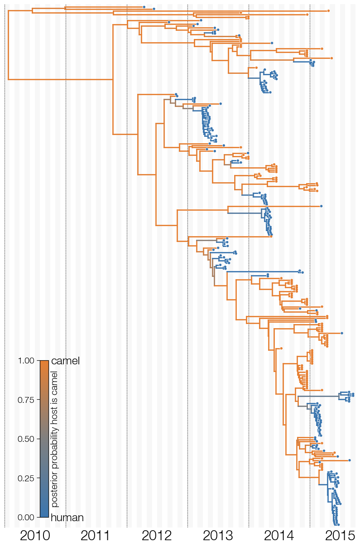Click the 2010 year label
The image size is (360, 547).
[35, 536]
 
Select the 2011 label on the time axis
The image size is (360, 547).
[96, 536]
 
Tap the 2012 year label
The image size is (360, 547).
[157, 536]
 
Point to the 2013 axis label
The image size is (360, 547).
[218, 536]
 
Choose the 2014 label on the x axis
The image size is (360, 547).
[279, 536]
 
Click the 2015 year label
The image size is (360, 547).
[340, 536]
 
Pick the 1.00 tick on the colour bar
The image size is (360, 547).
[26, 361]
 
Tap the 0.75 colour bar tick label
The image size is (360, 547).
[26, 400]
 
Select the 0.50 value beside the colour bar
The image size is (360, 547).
[26, 439]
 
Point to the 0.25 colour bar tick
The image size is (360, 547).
[26, 478]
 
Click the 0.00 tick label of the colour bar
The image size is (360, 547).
[26, 517]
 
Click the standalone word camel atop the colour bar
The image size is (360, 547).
[65, 361]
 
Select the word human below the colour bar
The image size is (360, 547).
[67, 518]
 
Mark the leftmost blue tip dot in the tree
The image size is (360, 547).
[144, 7]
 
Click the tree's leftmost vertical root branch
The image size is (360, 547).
[8, 45]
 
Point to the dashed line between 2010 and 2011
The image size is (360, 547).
[66, 266]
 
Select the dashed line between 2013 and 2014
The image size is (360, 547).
[249, 266]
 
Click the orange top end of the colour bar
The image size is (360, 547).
[44, 361]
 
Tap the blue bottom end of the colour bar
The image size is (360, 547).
[44, 516]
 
